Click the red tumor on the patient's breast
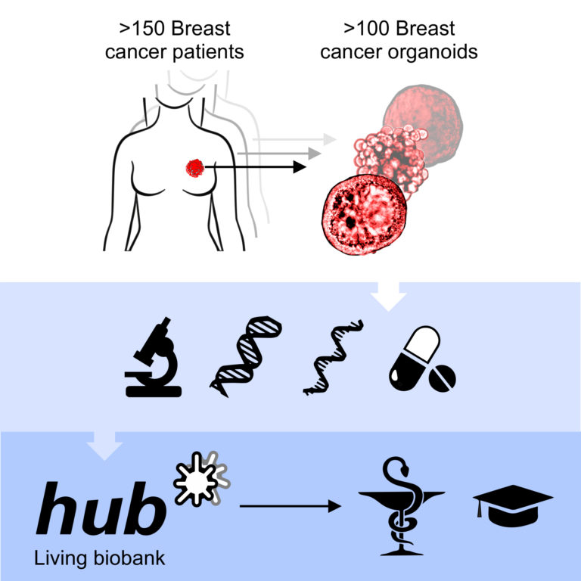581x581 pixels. click(x=195, y=168)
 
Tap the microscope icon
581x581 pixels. click(x=154, y=357)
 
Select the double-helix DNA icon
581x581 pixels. click(x=246, y=356)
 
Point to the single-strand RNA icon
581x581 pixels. click(x=333, y=357)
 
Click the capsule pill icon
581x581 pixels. click(x=415, y=358)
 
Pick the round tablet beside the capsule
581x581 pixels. click(x=442, y=378)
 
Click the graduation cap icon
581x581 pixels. click(x=513, y=505)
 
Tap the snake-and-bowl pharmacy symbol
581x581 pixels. click(x=402, y=506)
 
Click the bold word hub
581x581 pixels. click(x=101, y=508)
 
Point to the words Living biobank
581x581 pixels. click(x=99, y=558)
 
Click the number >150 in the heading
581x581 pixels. click(x=142, y=29)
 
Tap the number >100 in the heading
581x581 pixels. click(x=366, y=29)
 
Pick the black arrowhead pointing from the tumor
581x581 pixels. click(x=300, y=167)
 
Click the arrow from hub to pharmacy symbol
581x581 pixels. click(x=290, y=506)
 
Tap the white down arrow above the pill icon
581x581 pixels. click(x=388, y=297)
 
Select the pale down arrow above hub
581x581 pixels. click(x=104, y=446)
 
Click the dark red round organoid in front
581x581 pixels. click(x=365, y=215)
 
